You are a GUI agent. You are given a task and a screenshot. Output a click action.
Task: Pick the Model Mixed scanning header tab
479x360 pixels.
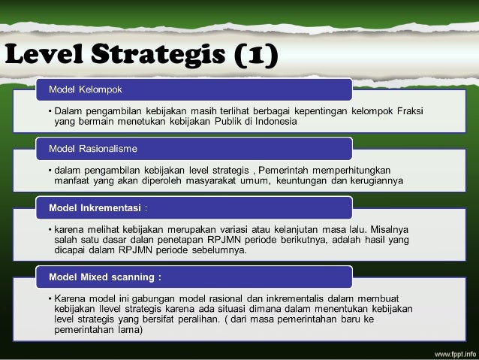point(106,277)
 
